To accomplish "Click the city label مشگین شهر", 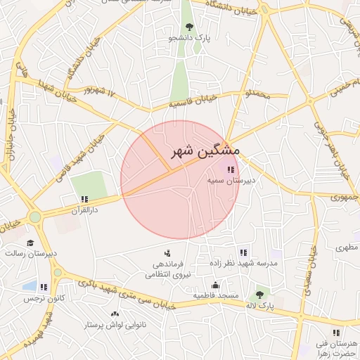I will coord(205,151).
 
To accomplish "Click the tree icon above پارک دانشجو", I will coord(189,27).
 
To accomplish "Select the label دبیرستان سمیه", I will coord(231,181).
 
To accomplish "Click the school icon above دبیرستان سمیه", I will coord(231,169).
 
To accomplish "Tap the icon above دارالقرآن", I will coord(84,200).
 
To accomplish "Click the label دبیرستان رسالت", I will coord(31,253).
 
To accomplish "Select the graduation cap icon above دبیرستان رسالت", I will coord(30,243).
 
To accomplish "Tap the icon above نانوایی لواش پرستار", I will coord(115,314).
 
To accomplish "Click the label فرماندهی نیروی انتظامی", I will coord(167,269).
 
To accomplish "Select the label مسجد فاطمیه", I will coord(216,296).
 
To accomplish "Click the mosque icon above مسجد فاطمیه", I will coord(215,285).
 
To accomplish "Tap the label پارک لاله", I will coord(260,307).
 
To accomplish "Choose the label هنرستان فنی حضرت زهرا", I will coord(337,348).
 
